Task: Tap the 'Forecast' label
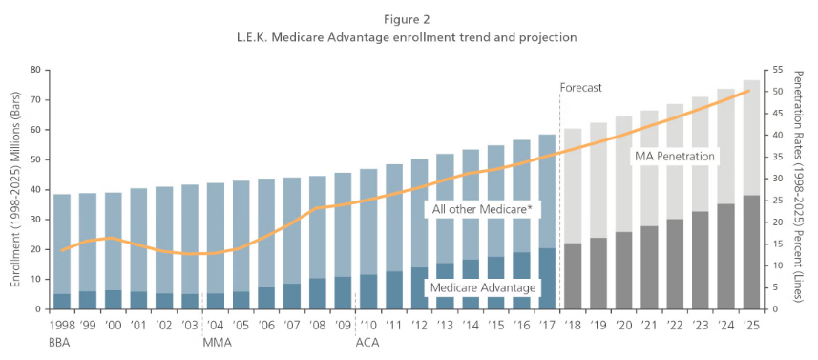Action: click(580, 87)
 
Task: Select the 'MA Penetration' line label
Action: click(675, 156)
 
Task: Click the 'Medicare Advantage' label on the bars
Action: click(481, 287)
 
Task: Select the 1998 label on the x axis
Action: click(62, 324)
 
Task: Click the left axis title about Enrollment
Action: click(14, 189)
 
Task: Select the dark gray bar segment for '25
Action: click(752, 252)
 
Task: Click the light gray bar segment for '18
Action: click(573, 185)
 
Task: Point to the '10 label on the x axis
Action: click(368, 324)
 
